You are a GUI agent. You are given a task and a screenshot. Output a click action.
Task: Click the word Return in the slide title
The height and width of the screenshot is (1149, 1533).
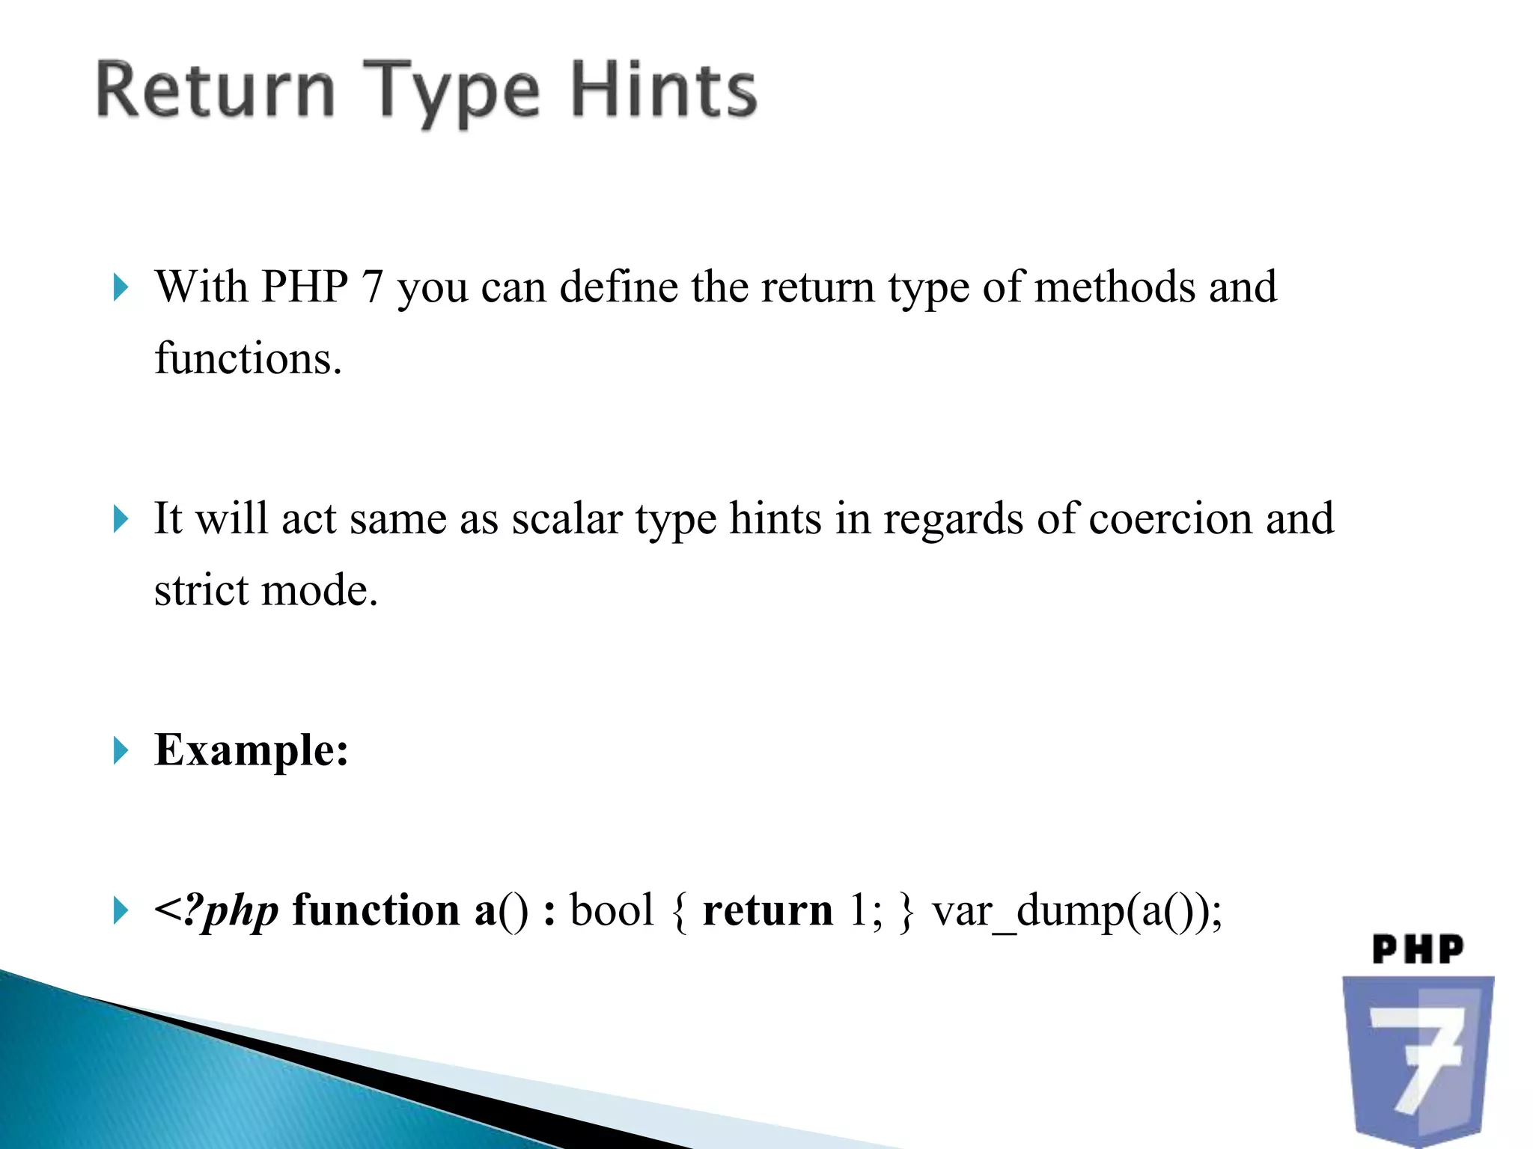coord(216,91)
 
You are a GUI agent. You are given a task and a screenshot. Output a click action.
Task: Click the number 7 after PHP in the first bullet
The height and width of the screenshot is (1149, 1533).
coord(372,287)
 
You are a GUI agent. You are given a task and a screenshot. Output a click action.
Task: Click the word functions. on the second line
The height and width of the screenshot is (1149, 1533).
coord(248,358)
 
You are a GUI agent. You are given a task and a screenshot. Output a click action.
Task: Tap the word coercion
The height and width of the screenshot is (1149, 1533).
coord(1170,518)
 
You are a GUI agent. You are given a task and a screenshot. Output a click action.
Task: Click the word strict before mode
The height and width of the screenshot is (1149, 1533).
coord(202,589)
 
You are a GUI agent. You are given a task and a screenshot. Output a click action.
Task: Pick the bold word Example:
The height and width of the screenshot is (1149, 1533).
coord(252,750)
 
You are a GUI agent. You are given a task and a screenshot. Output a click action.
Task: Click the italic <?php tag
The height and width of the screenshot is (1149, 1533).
coord(216,911)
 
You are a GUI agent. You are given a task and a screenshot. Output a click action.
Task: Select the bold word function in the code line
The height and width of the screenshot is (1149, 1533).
coord(376,910)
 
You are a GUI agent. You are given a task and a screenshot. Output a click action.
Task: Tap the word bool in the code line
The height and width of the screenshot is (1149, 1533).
coord(612,910)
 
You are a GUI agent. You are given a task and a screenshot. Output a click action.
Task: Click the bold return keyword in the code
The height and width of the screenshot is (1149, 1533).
coord(767,911)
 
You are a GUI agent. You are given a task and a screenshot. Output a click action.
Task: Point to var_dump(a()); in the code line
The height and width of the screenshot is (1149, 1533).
coord(1076,911)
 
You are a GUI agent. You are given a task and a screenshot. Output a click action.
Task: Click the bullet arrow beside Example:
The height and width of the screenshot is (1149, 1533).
coord(121,750)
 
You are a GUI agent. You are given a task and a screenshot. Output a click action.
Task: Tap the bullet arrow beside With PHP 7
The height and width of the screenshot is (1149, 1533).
coord(121,287)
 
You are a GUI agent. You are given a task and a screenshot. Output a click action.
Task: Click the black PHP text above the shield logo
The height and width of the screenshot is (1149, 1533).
coord(1418,949)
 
